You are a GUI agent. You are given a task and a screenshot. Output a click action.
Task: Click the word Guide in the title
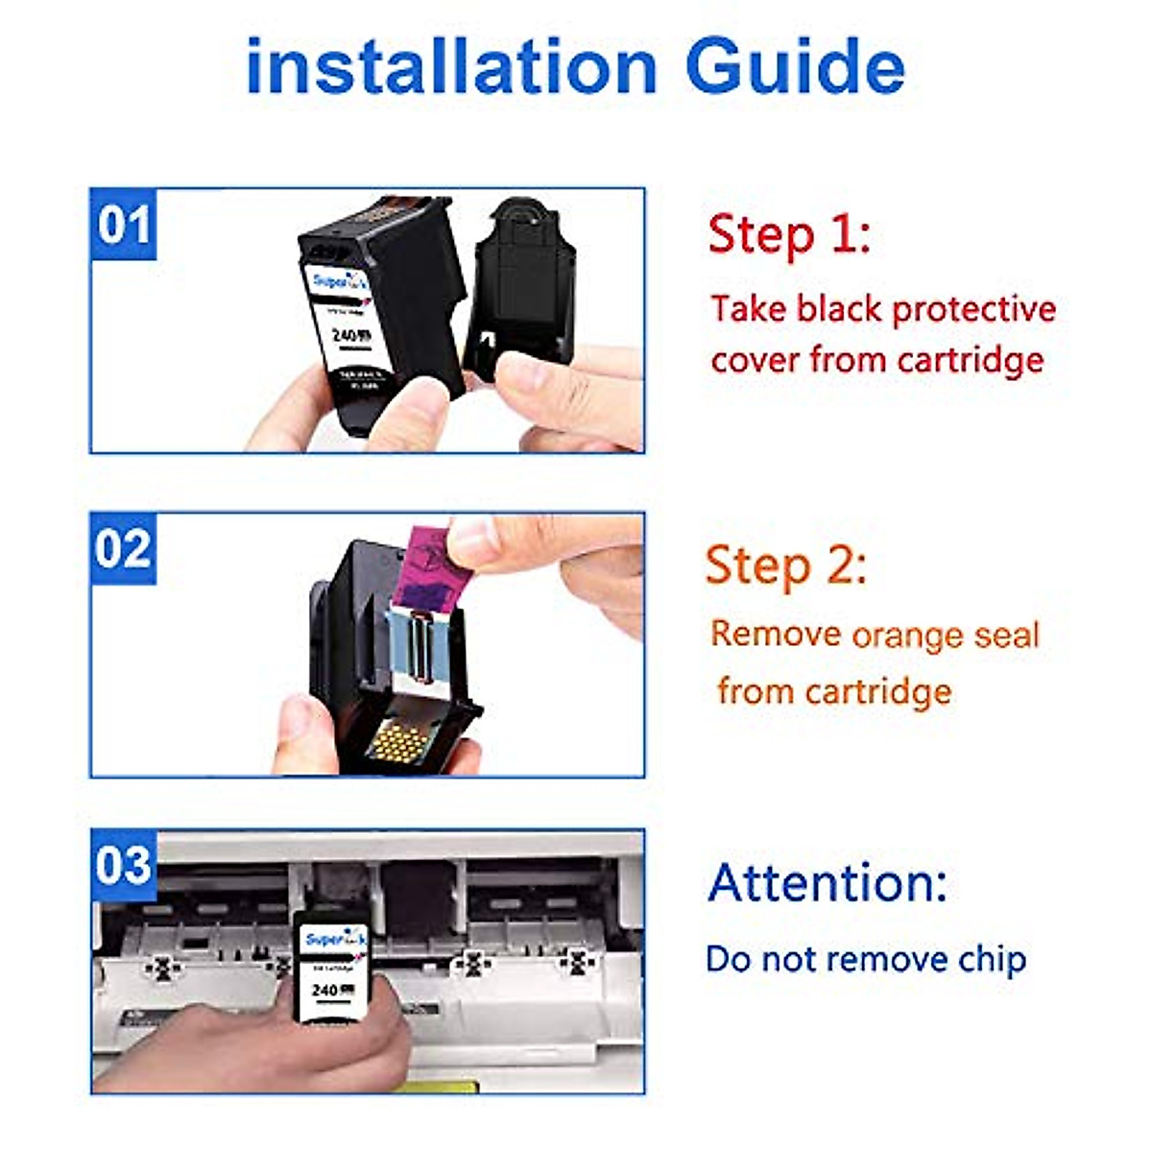coord(796,67)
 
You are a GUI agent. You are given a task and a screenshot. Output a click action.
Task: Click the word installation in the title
coord(451,67)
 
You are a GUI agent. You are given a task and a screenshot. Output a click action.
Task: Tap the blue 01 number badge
coord(124,225)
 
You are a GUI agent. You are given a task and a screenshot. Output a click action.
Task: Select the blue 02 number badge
coord(124,549)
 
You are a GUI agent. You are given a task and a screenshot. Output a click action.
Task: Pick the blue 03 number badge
coord(124,865)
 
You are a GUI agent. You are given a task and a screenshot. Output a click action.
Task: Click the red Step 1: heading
coord(789,235)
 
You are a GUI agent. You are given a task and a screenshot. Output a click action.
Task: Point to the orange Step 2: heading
coord(786,565)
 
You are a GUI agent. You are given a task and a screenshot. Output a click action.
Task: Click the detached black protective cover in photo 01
coord(521,288)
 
